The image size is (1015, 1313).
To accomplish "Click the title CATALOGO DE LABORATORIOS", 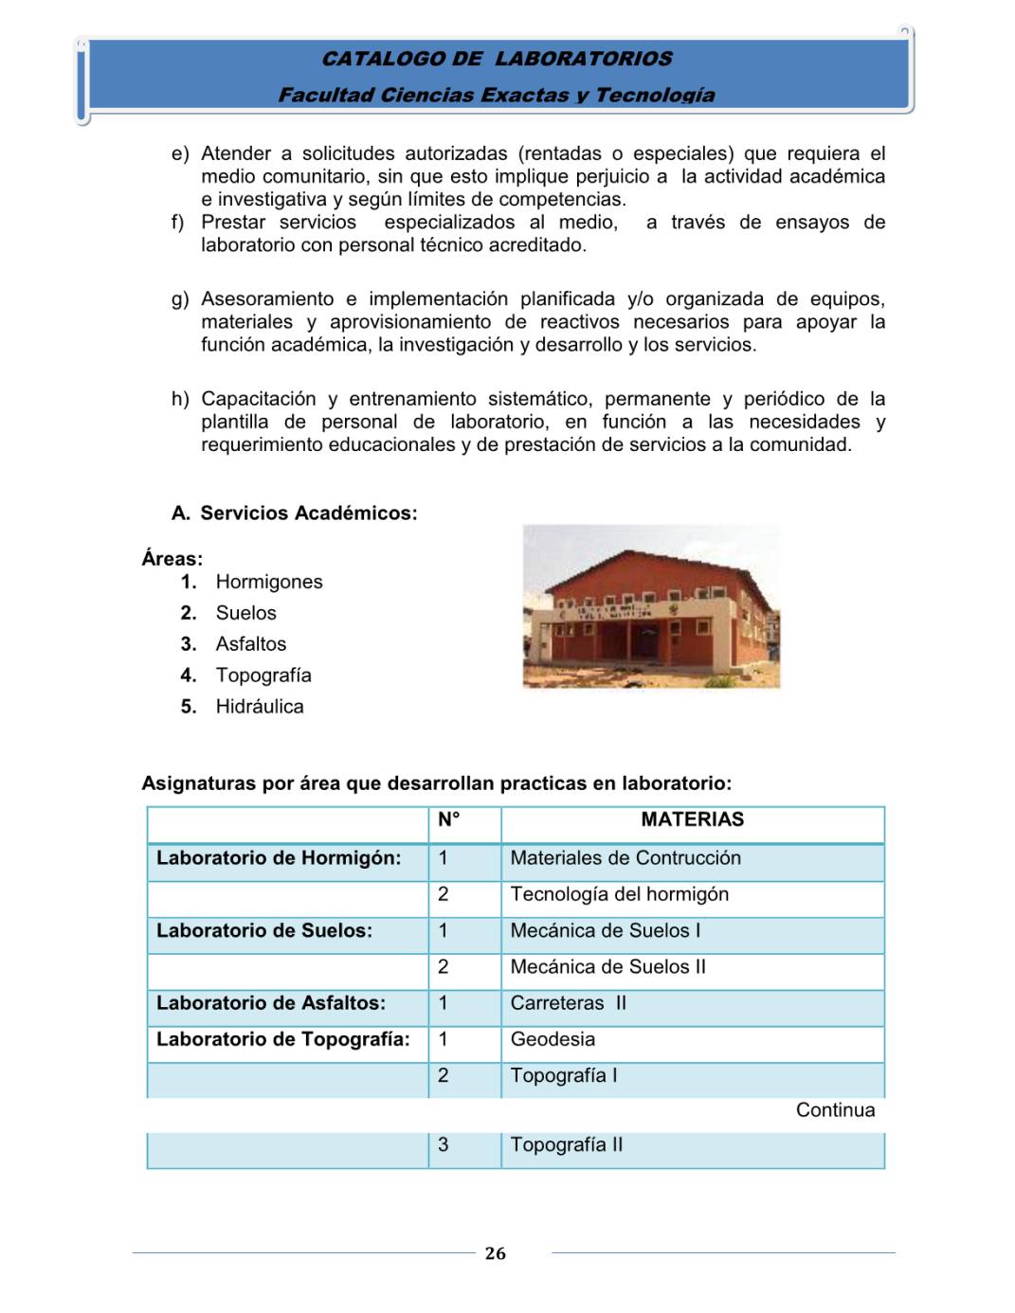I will point(497,59).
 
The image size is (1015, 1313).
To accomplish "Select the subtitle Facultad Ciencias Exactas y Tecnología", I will point(497,95).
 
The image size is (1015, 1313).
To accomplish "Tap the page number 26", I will point(496,1253).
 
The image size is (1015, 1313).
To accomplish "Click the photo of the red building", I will point(651,606).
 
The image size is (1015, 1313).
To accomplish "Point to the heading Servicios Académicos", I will point(308,513).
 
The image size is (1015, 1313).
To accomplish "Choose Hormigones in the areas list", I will point(269,582).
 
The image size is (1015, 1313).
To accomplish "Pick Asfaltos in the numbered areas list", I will point(251,644).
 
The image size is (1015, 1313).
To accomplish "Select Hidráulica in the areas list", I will point(260,707).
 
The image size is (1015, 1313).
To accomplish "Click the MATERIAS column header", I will point(692,819).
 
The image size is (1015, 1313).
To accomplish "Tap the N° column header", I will point(449,819).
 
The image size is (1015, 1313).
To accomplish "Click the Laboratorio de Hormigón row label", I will point(279,858).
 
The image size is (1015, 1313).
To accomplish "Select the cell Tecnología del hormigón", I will point(620,894).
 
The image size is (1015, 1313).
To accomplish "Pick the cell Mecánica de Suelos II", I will point(608,967).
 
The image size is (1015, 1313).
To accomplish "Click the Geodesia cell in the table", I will point(553,1039).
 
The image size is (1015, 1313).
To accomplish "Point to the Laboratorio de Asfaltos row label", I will point(271,1003).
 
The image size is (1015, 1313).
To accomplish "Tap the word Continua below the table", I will point(835,1110).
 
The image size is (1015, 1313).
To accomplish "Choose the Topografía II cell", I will point(567,1145).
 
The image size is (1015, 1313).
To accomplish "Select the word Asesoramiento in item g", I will point(267,299).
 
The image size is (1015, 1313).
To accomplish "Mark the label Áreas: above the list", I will point(172,559).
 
